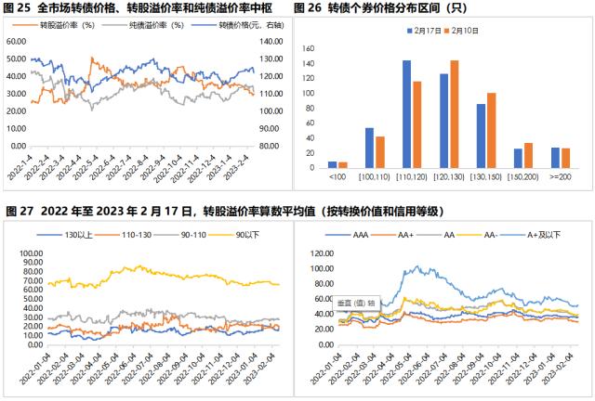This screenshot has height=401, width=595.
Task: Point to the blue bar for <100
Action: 333,164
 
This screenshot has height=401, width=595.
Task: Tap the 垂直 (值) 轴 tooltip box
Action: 356,302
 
